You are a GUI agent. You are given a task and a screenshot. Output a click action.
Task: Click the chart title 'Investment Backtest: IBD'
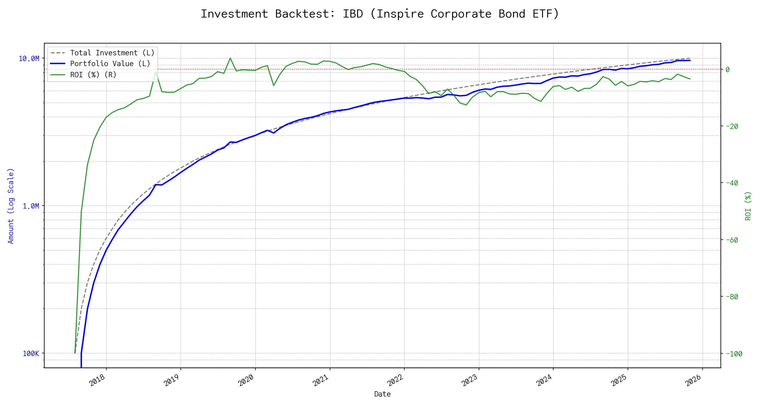pos(380,14)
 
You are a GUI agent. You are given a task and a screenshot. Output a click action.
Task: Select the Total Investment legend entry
pos(112,53)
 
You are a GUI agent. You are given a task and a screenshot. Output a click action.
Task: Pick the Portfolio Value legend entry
pos(110,64)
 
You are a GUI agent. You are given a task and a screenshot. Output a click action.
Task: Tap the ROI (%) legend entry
pos(93,75)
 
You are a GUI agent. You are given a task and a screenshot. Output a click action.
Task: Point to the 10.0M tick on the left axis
pos(29,59)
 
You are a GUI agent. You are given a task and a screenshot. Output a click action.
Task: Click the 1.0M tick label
pos(31,206)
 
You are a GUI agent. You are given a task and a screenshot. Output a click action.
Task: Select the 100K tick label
pos(31,354)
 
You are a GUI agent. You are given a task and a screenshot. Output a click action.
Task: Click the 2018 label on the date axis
pos(97,380)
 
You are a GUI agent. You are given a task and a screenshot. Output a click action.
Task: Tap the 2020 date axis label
pos(246,380)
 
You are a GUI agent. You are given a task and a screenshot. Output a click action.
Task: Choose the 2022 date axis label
pos(395,380)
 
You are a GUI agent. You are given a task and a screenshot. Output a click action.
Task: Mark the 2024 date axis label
pos(544,380)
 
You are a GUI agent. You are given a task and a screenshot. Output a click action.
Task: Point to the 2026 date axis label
pos(693,380)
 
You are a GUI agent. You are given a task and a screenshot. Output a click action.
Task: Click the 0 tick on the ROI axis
pos(728,70)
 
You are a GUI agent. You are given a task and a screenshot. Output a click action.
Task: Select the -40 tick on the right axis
pos(732,183)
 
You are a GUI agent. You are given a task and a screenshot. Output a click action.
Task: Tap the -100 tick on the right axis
pos(734,354)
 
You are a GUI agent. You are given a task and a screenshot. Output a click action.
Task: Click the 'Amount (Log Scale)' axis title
pos(11,206)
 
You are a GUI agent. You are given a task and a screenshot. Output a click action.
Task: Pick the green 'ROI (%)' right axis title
pos(748,206)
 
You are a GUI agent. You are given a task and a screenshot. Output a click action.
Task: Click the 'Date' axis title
pos(382,394)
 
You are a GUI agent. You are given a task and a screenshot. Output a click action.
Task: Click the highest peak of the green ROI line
pos(230,58)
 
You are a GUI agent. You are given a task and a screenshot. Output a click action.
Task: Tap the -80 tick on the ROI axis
pos(732,297)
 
